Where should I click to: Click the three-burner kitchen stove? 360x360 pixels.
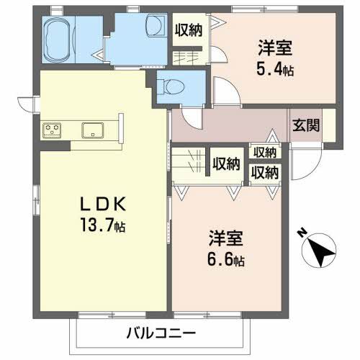coord(53,130)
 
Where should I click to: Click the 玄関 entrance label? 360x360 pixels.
coord(305,124)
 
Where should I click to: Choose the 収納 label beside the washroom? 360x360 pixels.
coord(189,30)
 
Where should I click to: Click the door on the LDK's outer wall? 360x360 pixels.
coord(27,104)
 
